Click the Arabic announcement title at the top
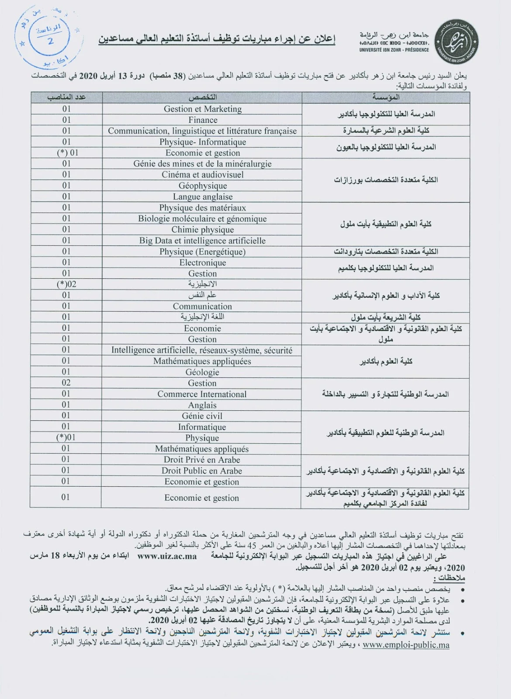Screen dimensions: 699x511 pos(217,40)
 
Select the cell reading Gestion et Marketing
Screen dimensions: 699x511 pos(203,109)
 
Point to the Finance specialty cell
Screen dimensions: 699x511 pos(203,120)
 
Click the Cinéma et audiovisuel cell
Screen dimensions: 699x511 pos(203,174)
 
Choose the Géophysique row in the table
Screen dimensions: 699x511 pos(203,186)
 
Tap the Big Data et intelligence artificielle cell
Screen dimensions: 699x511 pos(202,240)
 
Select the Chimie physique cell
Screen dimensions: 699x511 pos(203,229)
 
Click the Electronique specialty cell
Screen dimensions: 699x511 pos(203,263)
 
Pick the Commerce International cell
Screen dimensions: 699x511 pos(202,394)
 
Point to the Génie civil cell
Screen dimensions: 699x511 pos(202,416)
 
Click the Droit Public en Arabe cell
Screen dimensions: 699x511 pos(202,471)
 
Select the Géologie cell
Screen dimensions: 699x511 pos(202,372)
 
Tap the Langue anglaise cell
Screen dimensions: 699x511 pos(203,197)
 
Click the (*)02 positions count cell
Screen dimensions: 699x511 pos(66,284)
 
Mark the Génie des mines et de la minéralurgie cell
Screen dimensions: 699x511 pos(203,163)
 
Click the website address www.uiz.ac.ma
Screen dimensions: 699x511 pos(167,556)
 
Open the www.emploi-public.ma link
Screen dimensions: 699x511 pos(406,645)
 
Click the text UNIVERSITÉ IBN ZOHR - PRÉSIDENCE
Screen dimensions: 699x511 pos(394,50)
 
